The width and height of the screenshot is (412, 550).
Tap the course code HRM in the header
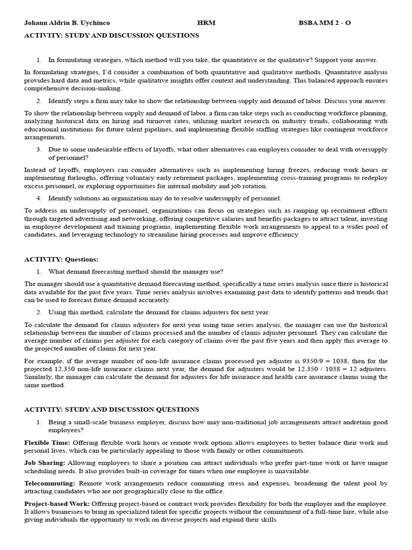pyautogui.click(x=206, y=24)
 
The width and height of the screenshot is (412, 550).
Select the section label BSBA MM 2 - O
pyautogui.click(x=325, y=24)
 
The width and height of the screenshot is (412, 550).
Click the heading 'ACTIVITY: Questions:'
pyautogui.click(x=61, y=259)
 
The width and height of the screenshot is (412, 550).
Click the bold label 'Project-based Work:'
pyautogui.click(x=57, y=504)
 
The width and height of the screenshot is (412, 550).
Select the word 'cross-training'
pyautogui.click(x=273, y=178)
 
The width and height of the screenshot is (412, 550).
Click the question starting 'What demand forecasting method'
pyautogui.click(x=136, y=271)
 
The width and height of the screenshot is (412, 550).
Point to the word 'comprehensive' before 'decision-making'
pyautogui.click(x=47, y=88)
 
